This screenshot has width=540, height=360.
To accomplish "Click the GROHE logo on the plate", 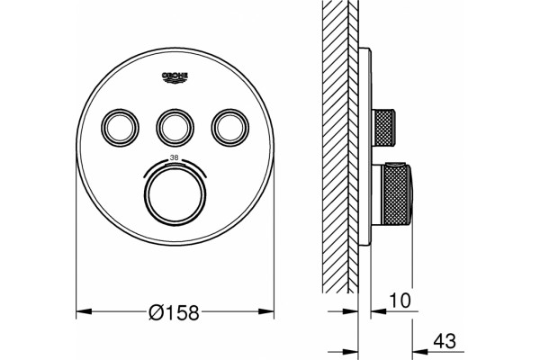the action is coord(175,77).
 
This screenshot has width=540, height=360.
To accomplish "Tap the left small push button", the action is coord(120,128).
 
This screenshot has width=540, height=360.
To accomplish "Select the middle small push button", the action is coord(175,128).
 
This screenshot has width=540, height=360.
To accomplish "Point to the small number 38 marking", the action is coord(175,157).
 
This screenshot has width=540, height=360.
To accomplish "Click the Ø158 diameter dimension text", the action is coord(175,312).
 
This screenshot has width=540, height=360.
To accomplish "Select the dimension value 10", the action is coord(400,300).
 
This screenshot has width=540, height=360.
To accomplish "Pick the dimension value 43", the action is coord(445,341).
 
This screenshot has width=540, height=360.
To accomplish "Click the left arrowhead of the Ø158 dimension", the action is coord(84,311).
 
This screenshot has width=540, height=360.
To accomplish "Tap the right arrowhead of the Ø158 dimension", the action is coord(266,311).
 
